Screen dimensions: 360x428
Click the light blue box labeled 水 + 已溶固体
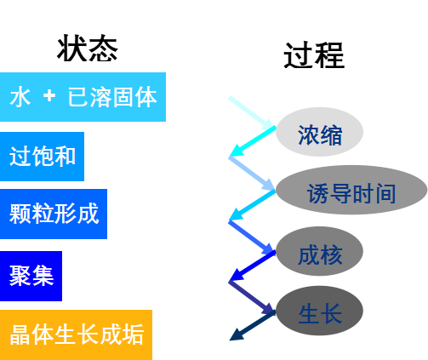[x=83, y=97]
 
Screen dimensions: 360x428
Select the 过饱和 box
[x=42, y=157]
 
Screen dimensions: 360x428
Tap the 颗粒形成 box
[x=53, y=214]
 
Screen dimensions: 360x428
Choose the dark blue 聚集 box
[x=31, y=276]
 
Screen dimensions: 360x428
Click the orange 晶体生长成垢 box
[x=76, y=334]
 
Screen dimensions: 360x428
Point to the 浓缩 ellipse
[x=320, y=133]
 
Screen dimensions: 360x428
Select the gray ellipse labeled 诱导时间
[x=351, y=191]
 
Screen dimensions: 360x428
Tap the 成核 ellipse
[x=320, y=252]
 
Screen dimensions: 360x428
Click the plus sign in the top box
[x=49, y=97]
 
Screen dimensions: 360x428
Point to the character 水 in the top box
[x=20, y=97]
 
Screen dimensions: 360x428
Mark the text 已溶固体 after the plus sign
[x=111, y=97]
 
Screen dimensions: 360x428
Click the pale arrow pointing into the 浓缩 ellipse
[x=250, y=113]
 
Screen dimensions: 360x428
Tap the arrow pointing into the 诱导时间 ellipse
[x=251, y=173]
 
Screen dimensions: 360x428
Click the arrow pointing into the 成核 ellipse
[x=251, y=236]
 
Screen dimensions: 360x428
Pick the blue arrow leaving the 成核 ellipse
[x=252, y=266]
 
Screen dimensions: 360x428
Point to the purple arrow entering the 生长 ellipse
[x=251, y=296]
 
